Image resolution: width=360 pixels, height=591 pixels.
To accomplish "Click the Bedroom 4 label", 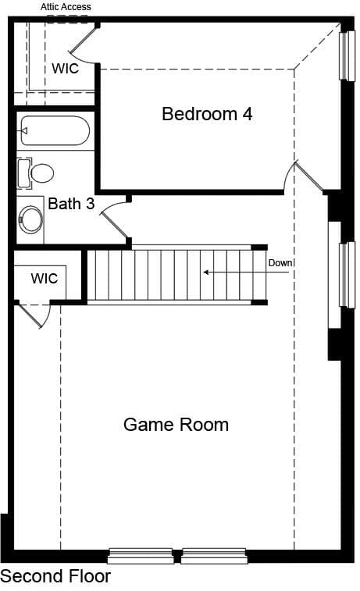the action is point(207,114).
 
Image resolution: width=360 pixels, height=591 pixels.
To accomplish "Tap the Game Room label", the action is point(176,425).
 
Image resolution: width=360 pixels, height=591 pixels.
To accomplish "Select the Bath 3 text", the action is point(71,204).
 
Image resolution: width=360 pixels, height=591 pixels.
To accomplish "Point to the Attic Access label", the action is point(66,7).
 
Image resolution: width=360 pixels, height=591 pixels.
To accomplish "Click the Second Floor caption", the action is point(55,576).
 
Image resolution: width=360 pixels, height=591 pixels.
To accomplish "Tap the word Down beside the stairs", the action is point(280,262).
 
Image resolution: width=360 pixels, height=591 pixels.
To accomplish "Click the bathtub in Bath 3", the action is point(55,131).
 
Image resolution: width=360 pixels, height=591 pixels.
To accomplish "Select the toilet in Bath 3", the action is point(36,173).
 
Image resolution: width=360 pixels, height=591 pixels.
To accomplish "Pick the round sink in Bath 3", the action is point(30,219).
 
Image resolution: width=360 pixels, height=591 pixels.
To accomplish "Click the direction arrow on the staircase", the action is point(247,272).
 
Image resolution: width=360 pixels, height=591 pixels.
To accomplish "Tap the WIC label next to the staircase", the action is point(45,279).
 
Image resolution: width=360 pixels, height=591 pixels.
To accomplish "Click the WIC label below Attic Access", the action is point(66,68).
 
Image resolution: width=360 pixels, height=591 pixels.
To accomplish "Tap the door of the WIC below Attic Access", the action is point(83,42).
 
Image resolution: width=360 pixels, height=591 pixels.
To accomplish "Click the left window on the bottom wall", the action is point(141,556).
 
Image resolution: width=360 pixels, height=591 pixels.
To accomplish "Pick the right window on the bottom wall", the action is point(214,556).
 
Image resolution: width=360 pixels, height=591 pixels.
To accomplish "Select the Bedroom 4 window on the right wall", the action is point(348,55).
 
